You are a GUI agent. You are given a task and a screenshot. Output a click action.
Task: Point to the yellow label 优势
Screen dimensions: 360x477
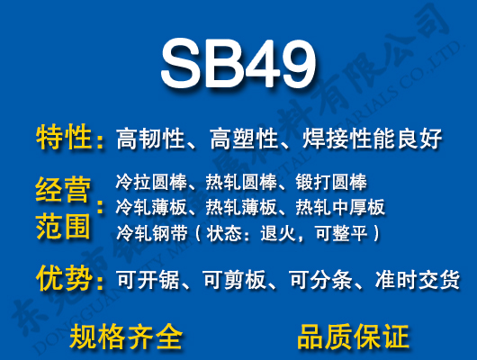tap(64, 279)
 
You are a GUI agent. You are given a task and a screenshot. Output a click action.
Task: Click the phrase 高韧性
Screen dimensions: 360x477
tap(150, 139)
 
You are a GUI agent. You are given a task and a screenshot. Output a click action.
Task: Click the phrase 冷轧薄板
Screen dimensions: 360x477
tap(148, 208)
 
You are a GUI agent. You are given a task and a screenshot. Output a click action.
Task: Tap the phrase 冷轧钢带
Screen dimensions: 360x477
tap(148, 233)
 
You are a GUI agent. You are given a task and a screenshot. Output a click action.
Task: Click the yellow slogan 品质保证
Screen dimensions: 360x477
tap(353, 336)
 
